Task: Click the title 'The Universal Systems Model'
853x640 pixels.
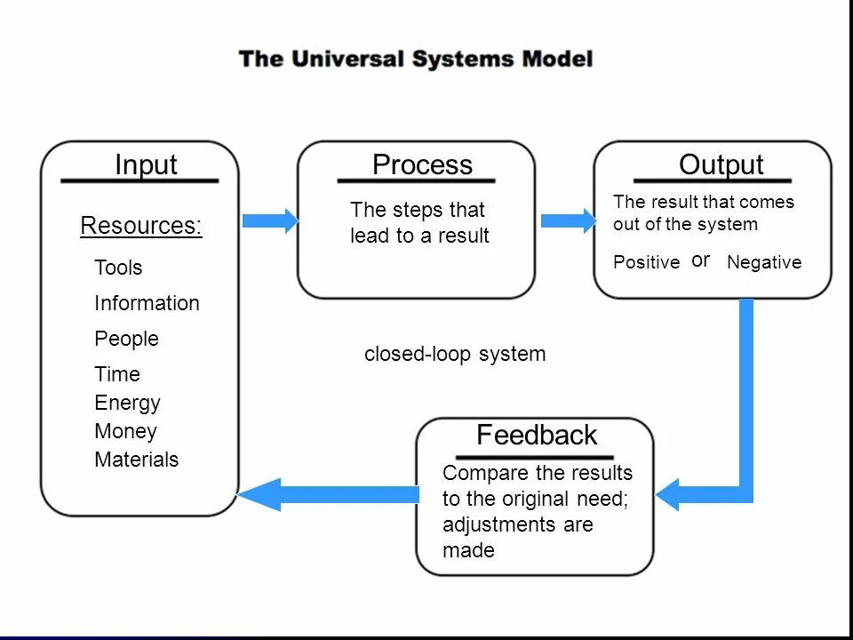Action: coord(416,59)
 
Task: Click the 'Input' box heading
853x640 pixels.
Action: coord(146,165)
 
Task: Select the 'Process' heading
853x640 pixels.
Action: coord(422,164)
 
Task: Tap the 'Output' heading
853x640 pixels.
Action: coord(721,164)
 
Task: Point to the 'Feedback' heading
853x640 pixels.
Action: coord(537,435)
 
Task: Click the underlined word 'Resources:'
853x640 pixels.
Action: coord(141,225)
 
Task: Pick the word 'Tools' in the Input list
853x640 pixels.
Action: coord(118,268)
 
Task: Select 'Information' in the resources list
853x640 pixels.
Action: coord(147,303)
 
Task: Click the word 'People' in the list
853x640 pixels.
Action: coord(127,339)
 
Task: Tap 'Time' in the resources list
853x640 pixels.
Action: coord(117,374)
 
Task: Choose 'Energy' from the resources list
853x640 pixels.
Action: coord(127,404)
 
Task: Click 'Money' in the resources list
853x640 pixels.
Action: coord(125,432)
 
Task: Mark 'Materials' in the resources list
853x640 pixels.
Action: coord(137,460)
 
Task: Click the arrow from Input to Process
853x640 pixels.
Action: coord(270,220)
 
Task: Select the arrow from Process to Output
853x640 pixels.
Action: coord(569,220)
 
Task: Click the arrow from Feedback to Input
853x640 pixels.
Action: coord(328,495)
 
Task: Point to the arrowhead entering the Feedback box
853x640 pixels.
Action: coord(667,495)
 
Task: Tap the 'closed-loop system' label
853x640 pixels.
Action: coord(455,354)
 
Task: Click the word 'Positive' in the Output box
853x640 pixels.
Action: coord(646,262)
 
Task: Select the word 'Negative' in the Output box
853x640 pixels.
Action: coord(764,262)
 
